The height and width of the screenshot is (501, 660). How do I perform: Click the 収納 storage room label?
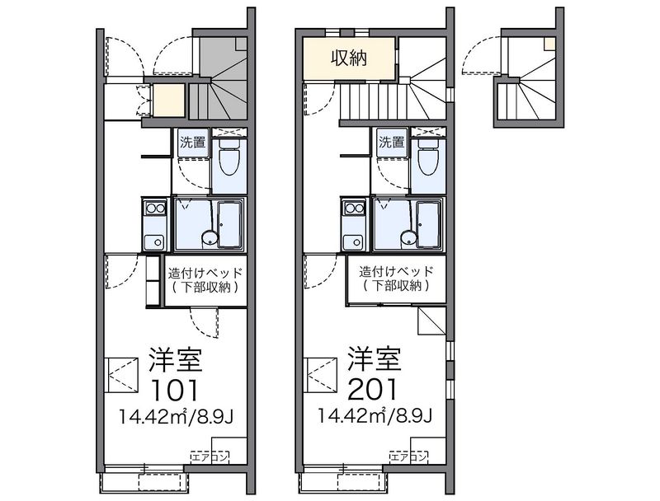pos(349,58)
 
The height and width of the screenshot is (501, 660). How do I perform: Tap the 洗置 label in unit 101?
pos(193,142)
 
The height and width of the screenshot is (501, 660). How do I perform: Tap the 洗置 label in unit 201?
pos(391,142)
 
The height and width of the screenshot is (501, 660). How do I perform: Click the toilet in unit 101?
pos(229,157)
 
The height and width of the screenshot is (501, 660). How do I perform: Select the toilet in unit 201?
pos(427,157)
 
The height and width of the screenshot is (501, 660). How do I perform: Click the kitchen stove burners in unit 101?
pos(154,207)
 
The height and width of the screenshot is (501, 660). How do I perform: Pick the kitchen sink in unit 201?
pos(353,241)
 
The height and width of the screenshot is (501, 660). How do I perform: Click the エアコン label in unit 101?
pos(210,457)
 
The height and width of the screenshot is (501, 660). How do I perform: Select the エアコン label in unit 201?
pos(408,457)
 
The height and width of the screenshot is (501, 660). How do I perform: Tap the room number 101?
pos(175,390)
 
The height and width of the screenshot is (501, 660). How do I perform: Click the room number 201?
pos(373,390)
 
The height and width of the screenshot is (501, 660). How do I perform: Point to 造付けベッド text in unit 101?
pos(205,274)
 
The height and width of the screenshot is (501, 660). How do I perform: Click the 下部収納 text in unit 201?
pos(396,286)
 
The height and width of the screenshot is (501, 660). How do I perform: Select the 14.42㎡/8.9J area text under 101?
pos(176,417)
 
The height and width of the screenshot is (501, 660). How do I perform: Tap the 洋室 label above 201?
pos(375,359)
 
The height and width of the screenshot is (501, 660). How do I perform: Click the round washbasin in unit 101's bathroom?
pos(210,238)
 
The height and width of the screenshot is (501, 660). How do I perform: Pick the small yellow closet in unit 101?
pos(169,101)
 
